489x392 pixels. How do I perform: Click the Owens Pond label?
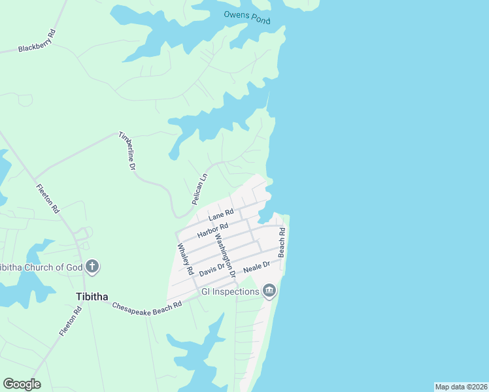pyautogui.click(x=246, y=17)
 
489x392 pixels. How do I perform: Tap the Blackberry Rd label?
pyautogui.click(x=37, y=44)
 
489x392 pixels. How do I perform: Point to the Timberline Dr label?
pyautogui.click(x=126, y=151)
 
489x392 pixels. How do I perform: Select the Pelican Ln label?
pyautogui.click(x=199, y=189)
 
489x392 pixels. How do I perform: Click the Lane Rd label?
pyautogui.click(x=221, y=215)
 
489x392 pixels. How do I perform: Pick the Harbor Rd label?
pyautogui.click(x=213, y=230)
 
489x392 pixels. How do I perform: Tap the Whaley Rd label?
pyautogui.click(x=186, y=259)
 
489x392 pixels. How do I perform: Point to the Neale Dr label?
pyautogui.click(x=256, y=267)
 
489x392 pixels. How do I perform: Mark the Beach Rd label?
pyautogui.click(x=282, y=243)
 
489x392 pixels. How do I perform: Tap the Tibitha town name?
pyautogui.click(x=92, y=296)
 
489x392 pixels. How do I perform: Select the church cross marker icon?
pyautogui.click(x=92, y=266)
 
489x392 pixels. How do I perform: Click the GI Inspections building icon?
pyautogui.click(x=269, y=291)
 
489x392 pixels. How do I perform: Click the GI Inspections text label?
pyautogui.click(x=230, y=291)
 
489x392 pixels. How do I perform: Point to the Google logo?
pyautogui.click(x=22, y=384)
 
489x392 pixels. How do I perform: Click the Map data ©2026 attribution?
pyautogui.click(x=461, y=387)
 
